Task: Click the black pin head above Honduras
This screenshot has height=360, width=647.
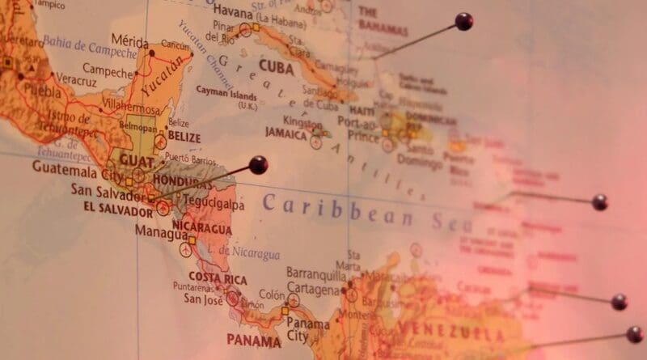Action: pyautogui.click(x=258, y=165)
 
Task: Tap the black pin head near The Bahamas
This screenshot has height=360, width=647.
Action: pyautogui.click(x=463, y=22)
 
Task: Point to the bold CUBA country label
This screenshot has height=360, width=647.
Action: pyautogui.click(x=276, y=66)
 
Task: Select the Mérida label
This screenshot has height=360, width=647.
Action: pyautogui.click(x=130, y=40)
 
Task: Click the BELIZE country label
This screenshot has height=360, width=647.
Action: pyautogui.click(x=184, y=138)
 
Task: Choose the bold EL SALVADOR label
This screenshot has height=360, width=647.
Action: pyautogui.click(x=117, y=211)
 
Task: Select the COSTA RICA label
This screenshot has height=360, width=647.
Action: pyautogui.click(x=218, y=279)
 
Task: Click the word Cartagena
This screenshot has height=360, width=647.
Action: pyautogui.click(x=312, y=288)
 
